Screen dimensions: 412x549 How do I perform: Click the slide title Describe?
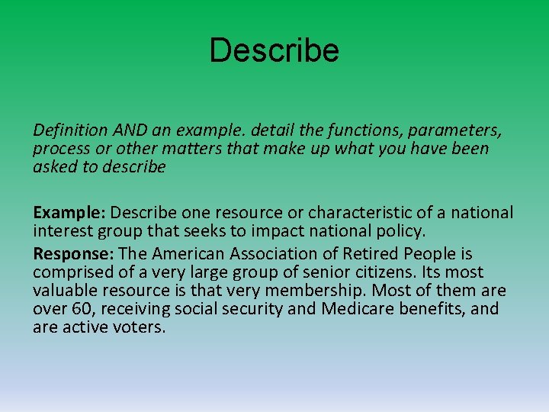[x=274, y=51]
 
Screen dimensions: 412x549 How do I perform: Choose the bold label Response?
[x=70, y=254]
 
